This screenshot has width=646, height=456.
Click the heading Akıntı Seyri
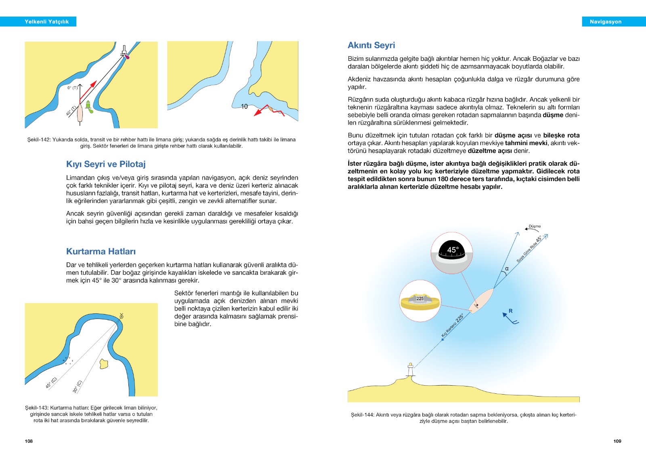(371, 45)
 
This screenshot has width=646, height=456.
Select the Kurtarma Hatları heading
(101, 251)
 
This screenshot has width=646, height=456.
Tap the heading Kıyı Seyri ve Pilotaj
(106, 164)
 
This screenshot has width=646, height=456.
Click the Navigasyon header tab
(605, 22)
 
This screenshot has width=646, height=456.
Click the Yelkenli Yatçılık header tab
(46, 22)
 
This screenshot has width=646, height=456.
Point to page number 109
(617, 441)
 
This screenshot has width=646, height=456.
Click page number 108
(29, 441)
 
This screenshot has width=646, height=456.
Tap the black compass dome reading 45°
(452, 251)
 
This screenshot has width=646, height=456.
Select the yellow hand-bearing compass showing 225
(420, 301)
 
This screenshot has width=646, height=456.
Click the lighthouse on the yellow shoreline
(411, 369)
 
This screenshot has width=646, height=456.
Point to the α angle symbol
(507, 268)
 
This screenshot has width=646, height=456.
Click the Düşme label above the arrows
(535, 226)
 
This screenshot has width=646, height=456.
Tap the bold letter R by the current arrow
(510, 311)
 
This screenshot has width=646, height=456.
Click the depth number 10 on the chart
(244, 106)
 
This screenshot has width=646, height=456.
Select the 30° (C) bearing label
(77, 386)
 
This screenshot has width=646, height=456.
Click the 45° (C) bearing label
(51, 382)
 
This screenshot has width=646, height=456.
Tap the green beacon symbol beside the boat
(88, 106)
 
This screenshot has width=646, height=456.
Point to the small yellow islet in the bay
(104, 364)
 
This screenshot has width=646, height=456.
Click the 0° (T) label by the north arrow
(72, 88)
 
